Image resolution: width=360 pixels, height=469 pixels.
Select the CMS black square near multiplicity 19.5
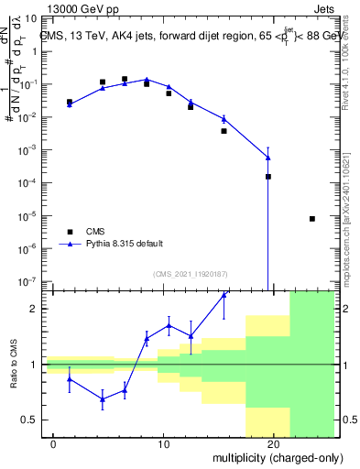pyautogui.click(x=268, y=176)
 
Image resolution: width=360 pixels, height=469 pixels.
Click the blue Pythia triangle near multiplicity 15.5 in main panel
pyautogui.click(x=224, y=119)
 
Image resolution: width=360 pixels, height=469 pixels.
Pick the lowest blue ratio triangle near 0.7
pyautogui.click(x=103, y=398)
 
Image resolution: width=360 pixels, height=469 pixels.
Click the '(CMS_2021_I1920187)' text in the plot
pyautogui.click(x=190, y=273)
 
